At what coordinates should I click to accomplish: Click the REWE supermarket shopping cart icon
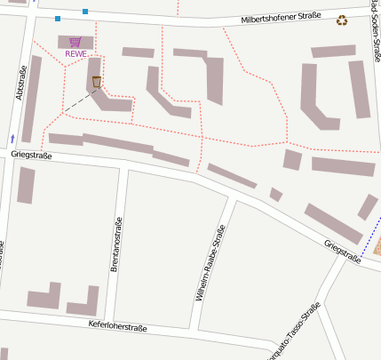(75, 42)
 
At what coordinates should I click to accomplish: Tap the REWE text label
(76, 54)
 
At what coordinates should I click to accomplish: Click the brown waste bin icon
(97, 82)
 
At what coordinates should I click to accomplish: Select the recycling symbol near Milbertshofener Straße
(342, 20)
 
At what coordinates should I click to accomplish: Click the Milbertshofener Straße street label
(280, 20)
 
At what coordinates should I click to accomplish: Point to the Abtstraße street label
(20, 81)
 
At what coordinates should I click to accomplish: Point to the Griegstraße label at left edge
(32, 155)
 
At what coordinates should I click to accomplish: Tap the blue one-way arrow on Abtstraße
(12, 139)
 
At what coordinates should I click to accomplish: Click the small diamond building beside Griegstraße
(276, 194)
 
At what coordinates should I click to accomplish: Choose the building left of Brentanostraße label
(26, 185)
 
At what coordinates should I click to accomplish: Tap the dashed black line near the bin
(78, 100)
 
